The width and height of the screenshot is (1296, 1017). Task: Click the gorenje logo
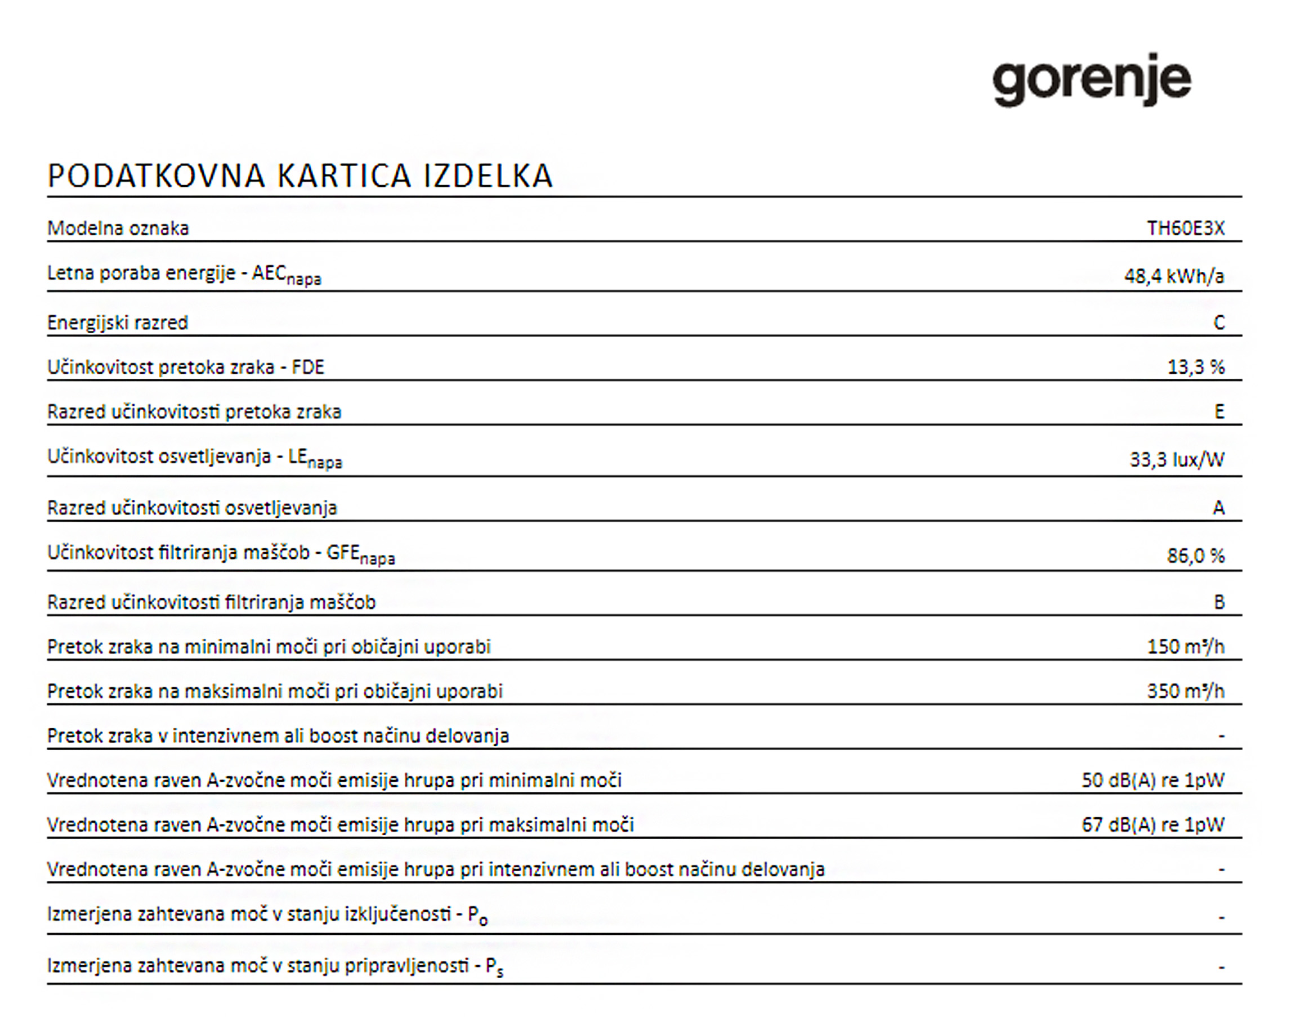coord(1091,80)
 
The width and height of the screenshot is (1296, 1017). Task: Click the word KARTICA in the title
coord(344,176)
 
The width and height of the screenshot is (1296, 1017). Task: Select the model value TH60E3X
coord(1185,228)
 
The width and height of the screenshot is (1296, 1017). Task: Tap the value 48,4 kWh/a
coord(1174,276)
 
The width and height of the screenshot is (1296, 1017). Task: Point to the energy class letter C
coord(1218,322)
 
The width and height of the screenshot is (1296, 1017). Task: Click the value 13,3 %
coord(1196,367)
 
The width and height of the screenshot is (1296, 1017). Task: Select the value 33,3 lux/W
coord(1177,459)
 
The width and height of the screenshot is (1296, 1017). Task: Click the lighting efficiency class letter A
coord(1218,508)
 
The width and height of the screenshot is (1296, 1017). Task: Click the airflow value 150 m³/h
coord(1185,647)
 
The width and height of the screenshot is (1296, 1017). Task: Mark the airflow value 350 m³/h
coord(1185,691)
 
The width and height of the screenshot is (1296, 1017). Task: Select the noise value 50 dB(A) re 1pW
coord(1152,780)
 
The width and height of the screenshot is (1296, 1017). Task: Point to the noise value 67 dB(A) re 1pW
coord(1152,825)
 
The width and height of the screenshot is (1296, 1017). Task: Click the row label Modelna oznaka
coord(118,228)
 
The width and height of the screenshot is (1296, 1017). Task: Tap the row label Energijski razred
coord(118,322)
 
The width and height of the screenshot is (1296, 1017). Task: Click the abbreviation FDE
coord(308,367)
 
